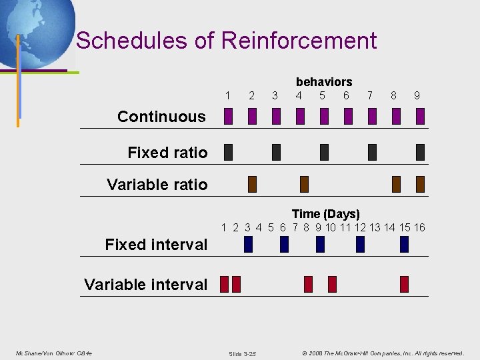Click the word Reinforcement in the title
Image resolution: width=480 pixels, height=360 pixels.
tap(299, 41)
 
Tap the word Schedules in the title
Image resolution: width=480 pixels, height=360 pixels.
tap(131, 41)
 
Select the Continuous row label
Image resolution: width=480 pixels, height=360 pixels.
tap(161, 117)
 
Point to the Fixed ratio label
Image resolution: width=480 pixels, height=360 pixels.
tap(167, 153)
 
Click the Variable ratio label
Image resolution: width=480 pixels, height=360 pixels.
tap(157, 185)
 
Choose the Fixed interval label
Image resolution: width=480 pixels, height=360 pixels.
tap(156, 245)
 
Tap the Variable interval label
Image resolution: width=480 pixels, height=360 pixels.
tap(146, 285)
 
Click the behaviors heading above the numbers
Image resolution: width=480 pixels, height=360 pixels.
tap(324, 82)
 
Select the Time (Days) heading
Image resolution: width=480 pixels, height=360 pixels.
tap(325, 214)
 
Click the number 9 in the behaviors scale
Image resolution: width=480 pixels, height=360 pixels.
tap(417, 96)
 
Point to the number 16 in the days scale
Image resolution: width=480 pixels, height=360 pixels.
tap(419, 228)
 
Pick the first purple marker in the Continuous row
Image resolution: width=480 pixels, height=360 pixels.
tap(228, 117)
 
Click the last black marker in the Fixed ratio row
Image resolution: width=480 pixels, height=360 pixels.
tap(420, 152)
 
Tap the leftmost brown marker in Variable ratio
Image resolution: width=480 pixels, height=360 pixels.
tap(252, 184)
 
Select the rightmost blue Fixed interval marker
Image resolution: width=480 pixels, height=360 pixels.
tap(404, 244)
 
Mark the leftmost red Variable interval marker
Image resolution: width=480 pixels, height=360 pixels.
tap(224, 285)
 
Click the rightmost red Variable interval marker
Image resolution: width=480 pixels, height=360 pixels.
tap(404, 285)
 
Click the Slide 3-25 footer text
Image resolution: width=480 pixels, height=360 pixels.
tap(242, 353)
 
